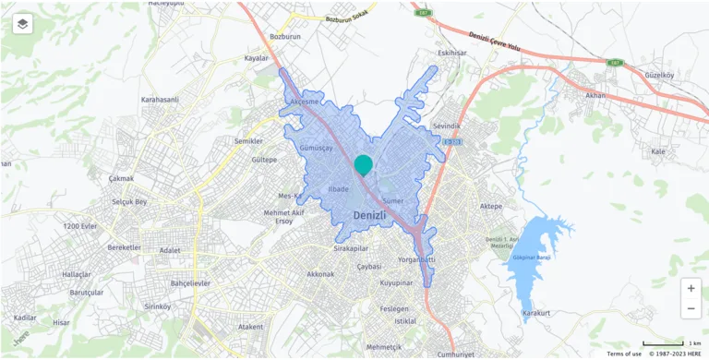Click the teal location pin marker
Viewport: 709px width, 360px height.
[364, 165]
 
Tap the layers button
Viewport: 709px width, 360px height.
[23, 23]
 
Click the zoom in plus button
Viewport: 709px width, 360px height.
[691, 289]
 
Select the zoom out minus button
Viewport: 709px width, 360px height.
[691, 310]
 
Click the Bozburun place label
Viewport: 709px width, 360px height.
[285, 37]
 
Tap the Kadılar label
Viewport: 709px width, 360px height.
[26, 318]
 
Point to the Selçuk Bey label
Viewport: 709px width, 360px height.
[128, 201]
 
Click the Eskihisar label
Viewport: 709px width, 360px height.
[453, 53]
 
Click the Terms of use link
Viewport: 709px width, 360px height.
[624, 354]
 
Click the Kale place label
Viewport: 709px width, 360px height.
[658, 150]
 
